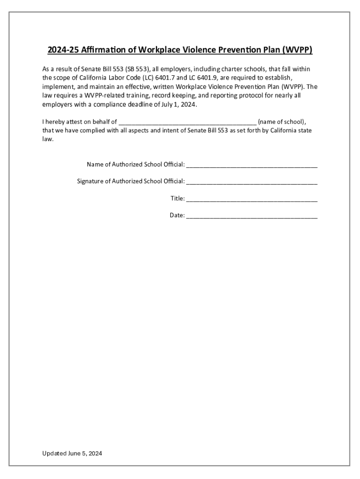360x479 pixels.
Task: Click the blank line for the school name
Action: pos(187,123)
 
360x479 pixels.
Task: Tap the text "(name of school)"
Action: pos(282,122)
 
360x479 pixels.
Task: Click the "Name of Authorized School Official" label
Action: pos(136,164)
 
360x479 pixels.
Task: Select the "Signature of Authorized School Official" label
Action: pos(131,181)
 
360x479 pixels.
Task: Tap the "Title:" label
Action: pos(177,198)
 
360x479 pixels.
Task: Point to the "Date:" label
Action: pos(177,216)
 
